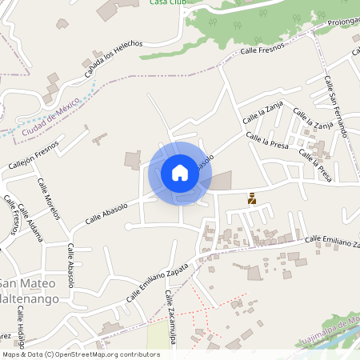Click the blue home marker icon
pos(179,173)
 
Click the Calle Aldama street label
pos(30,222)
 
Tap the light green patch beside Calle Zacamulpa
pos(158,336)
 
